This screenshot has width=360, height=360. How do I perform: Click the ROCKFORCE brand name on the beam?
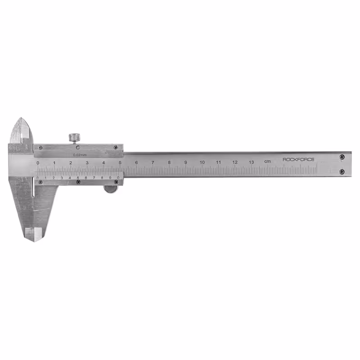coord(298,159)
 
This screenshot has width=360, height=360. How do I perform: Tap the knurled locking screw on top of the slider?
coord(75,137)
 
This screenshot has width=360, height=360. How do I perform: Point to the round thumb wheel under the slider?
coord(110,189)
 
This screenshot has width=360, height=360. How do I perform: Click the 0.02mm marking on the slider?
coord(80,154)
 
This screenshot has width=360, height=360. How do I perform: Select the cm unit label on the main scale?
coord(267,162)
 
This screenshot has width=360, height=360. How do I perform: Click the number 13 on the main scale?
coord(251,162)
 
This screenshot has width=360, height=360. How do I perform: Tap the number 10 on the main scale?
coord(202,162)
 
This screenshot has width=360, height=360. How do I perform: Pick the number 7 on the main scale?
coord(153,162)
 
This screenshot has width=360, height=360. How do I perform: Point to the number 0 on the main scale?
coord(38,162)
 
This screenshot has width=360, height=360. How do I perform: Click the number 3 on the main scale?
coord(87,162)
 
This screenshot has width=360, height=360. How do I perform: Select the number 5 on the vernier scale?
coord(78,178)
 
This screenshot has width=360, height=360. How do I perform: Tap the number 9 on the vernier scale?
coord(110,178)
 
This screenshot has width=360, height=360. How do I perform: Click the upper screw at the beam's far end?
coord(342,157)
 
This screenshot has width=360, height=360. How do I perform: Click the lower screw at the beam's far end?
coord(342,171)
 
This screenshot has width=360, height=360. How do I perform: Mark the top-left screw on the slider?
coord(40,147)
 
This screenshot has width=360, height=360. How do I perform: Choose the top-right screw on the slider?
coord(116,147)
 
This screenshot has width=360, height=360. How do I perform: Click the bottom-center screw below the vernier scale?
coord(78,182)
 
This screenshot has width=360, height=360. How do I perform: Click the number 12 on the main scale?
coord(235,162)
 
